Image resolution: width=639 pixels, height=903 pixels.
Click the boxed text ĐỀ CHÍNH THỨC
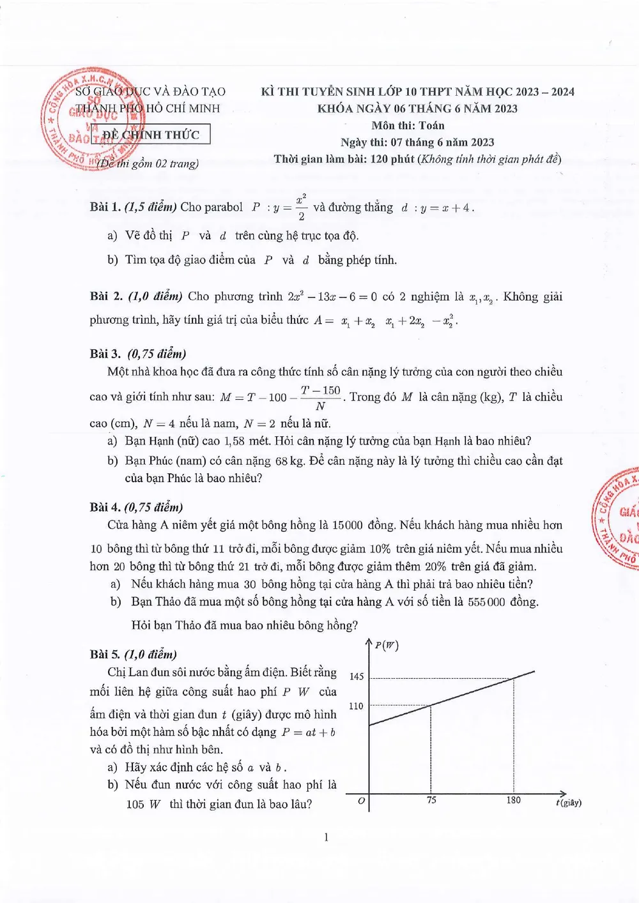151,135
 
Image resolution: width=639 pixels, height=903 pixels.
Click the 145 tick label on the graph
357,676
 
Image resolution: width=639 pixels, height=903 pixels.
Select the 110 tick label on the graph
356,706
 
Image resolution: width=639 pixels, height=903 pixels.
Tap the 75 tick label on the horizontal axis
431,800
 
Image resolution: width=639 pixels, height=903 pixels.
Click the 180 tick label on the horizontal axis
513,800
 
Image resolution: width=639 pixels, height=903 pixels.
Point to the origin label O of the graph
361,801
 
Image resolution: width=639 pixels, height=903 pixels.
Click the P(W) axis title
387,645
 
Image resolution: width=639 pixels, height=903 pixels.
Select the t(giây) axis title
568,802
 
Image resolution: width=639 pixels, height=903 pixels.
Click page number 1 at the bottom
326,837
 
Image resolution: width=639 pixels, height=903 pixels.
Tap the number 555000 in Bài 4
486,602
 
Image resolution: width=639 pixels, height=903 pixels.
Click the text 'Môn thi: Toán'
408,126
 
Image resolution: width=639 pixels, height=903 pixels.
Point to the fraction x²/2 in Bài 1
301,207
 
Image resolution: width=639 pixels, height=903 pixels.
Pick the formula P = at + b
309,732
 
